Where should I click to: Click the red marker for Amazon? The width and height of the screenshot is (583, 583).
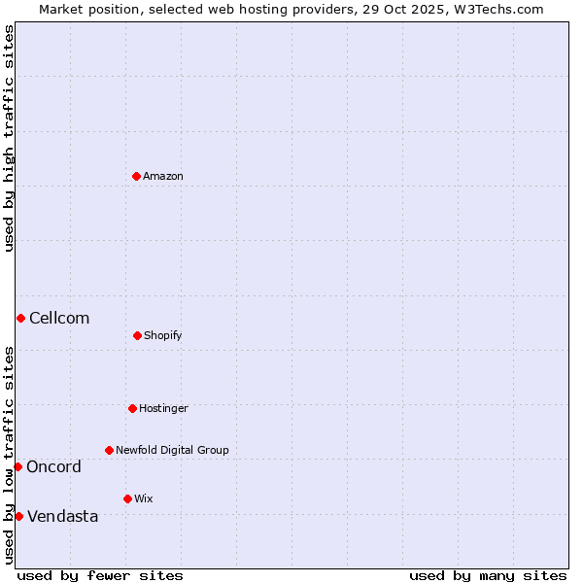pyautogui.click(x=136, y=176)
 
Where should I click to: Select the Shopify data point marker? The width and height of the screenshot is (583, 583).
pyautogui.click(x=137, y=335)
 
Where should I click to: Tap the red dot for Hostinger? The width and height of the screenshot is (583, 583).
pyautogui.click(x=132, y=408)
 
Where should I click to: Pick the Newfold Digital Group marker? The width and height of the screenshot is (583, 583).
pyautogui.click(x=109, y=450)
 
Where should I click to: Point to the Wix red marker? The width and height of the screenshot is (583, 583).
pyautogui.click(x=127, y=498)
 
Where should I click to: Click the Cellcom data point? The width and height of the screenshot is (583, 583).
pyautogui.click(x=20, y=318)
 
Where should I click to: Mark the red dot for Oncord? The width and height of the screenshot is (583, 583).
pyautogui.click(x=17, y=466)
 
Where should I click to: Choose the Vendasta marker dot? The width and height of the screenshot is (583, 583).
pyautogui.click(x=18, y=516)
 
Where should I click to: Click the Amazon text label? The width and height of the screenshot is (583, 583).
pyautogui.click(x=163, y=176)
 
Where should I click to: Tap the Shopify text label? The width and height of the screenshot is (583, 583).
pyautogui.click(x=163, y=335)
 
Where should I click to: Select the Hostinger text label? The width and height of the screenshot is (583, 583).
pyautogui.click(x=163, y=408)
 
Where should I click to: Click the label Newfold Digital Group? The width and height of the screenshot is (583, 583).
pyautogui.click(x=172, y=450)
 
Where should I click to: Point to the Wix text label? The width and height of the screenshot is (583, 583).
pyautogui.click(x=144, y=498)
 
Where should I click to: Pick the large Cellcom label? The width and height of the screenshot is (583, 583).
pyautogui.click(x=59, y=318)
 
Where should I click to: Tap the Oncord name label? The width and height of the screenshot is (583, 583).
pyautogui.click(x=53, y=466)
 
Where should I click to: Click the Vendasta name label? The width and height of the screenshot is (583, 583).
pyautogui.click(x=62, y=516)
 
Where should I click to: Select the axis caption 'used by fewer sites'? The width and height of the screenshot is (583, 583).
pyautogui.click(x=100, y=575)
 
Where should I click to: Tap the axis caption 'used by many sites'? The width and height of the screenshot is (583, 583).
pyautogui.click(x=488, y=575)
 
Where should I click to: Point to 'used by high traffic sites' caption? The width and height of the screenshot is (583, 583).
pyautogui.click(x=9, y=138)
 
